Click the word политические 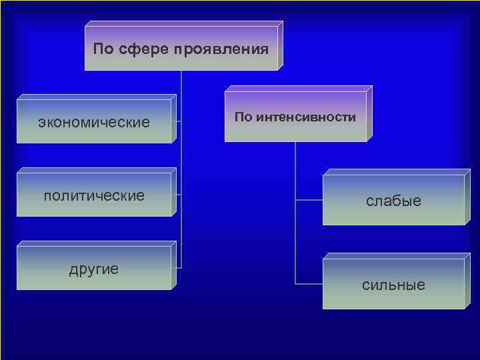click(x=94, y=195)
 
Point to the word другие click(x=94, y=269)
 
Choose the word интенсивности click(x=305, y=117)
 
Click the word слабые click(x=393, y=201)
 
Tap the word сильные click(x=393, y=285)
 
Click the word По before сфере click(x=104, y=49)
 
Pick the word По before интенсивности click(x=243, y=117)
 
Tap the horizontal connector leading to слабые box click(x=309, y=199)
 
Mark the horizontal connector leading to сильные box click(x=309, y=284)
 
